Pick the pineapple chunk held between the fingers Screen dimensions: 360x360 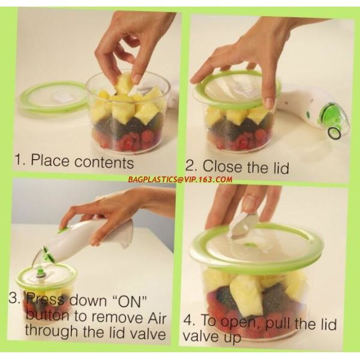pos(125,83)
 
